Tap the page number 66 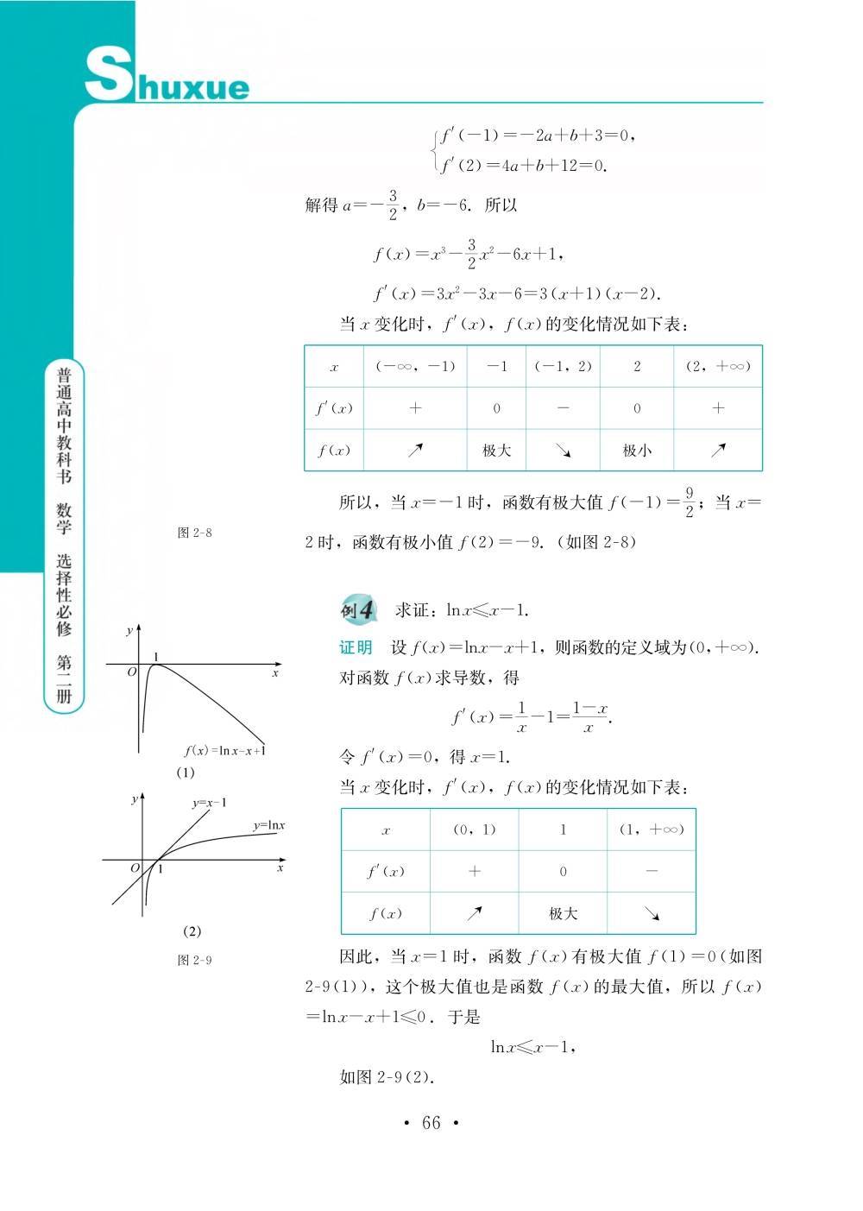431,1123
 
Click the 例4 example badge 358,609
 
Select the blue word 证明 356,647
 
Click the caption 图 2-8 194,533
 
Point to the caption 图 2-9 194,960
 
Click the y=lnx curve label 268,825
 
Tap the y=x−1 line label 210,803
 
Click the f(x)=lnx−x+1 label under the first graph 224,750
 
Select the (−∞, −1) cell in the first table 415,366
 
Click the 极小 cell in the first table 637,450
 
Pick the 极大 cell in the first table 496,450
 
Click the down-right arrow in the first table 563,450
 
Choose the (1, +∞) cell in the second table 652,829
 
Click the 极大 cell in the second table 563,913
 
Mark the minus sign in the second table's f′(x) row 652,871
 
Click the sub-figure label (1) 186,773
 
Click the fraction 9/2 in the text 689,502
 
